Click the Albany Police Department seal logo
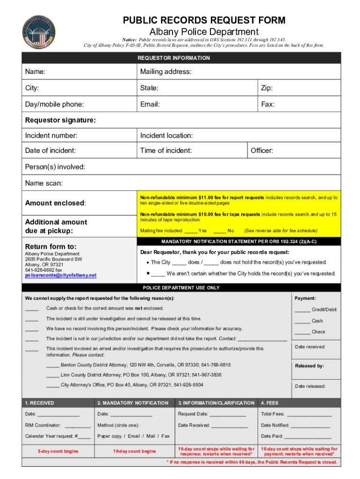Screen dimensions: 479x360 tap(39, 29)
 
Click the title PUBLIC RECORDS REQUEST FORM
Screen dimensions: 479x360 tap(204, 20)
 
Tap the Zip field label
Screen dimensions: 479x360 tap(267, 88)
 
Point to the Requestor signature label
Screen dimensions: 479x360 tap(60, 120)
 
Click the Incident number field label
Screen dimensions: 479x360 tap(51, 136)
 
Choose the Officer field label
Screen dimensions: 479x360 tap(262, 151)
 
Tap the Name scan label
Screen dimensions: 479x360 tap(44, 182)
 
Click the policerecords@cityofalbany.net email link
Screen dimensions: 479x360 tap(60, 275)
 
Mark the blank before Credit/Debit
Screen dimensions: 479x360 tap(302, 310)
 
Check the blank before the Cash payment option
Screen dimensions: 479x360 tap(302, 321)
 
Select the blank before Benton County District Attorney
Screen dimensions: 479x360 tap(53, 365)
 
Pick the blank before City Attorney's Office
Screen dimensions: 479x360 tap(53, 385)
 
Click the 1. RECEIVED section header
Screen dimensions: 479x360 tap(40, 403)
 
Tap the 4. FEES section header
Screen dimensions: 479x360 tap(270, 403)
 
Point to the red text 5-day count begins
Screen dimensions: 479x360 tap(58, 451)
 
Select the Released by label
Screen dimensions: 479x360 tap(310, 366)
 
